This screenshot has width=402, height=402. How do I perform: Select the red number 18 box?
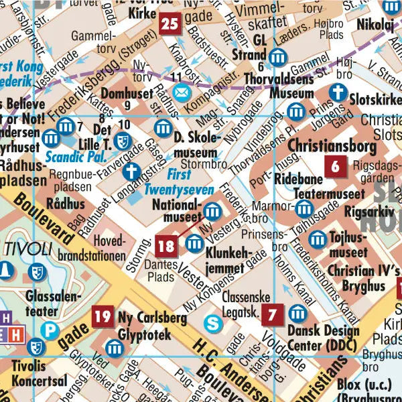(x=166, y=246)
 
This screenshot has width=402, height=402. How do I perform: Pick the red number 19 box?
(x=103, y=317)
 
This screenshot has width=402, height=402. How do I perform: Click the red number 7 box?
(x=272, y=314)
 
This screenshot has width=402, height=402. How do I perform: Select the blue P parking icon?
(x=49, y=330)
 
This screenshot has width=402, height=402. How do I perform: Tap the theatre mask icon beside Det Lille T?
(x=122, y=141)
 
